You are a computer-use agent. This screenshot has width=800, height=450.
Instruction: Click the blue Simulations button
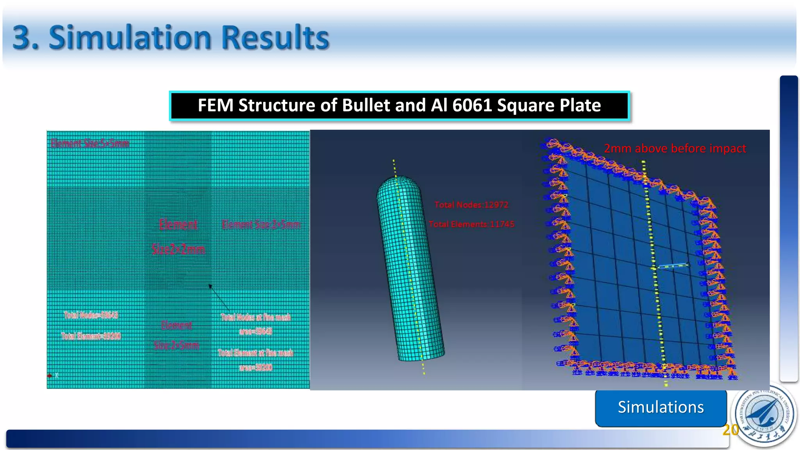tap(661, 407)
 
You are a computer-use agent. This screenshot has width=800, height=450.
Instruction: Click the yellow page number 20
tap(730, 430)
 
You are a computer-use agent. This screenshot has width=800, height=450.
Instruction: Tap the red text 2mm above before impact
tap(675, 148)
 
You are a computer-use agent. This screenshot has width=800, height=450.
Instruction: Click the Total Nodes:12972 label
tap(471, 205)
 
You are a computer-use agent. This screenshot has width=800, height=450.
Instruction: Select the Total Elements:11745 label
tap(471, 224)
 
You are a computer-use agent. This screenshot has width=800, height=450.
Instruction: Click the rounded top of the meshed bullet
tap(398, 184)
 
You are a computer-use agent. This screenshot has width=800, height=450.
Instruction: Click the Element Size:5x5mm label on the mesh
tap(90, 143)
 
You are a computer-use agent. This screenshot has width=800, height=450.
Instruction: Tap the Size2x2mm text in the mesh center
tap(178, 249)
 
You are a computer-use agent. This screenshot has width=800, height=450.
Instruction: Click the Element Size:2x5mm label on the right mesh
tap(261, 224)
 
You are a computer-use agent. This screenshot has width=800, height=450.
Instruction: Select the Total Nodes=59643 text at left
tap(91, 315)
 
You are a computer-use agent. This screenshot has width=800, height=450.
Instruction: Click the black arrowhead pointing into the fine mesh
tap(211, 287)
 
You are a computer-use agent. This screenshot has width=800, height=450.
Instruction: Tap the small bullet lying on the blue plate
tap(673, 266)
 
